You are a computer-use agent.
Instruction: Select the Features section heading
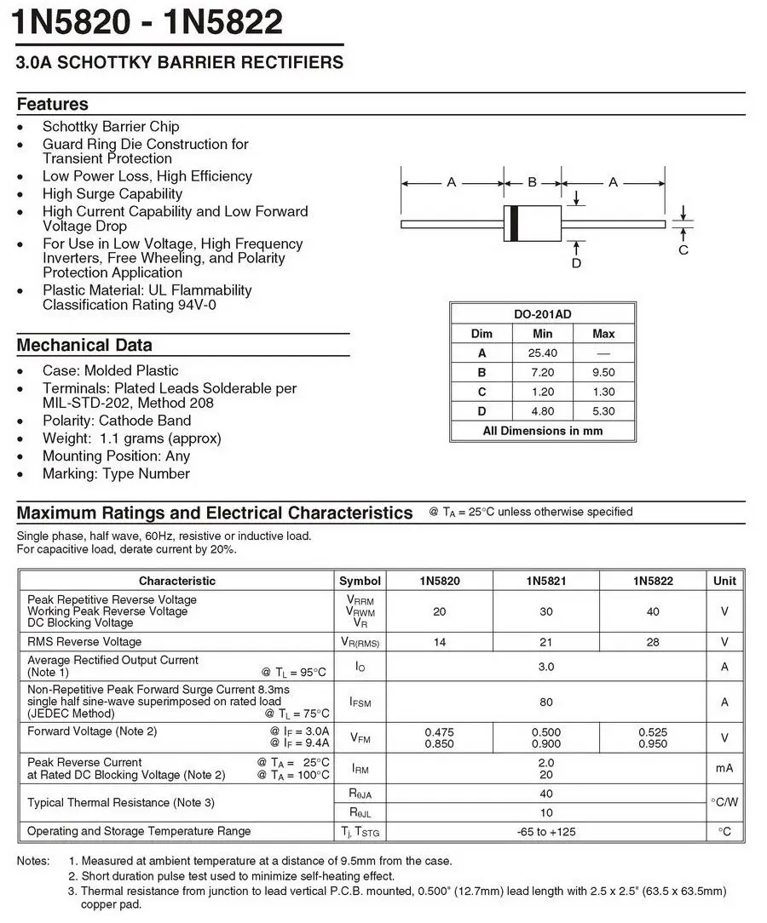coord(53,104)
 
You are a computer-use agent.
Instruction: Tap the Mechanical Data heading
coord(84,345)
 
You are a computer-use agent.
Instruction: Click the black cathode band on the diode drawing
coord(513,224)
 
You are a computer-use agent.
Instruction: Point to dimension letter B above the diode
coord(533,182)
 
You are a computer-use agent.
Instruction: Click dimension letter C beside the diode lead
coord(683,249)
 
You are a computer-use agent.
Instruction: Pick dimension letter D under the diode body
coord(576,263)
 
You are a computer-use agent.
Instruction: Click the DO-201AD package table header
coord(542,314)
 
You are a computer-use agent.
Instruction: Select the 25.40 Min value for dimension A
coord(542,353)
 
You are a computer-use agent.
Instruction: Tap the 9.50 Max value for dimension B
coord(603,372)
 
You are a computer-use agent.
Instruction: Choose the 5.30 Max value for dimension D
coord(603,411)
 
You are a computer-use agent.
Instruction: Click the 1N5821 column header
coord(545,581)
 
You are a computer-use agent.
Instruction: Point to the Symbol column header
coord(360,581)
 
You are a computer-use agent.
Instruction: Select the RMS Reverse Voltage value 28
coord(652,642)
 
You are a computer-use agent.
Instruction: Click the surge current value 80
coord(545,702)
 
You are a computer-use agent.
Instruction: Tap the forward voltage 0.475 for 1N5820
coord(439,732)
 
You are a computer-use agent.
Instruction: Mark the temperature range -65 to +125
coord(545,831)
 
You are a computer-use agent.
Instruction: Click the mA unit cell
coord(724,768)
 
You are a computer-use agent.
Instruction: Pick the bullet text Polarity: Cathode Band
coord(117,421)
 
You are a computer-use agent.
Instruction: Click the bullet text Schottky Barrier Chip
coord(111,126)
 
